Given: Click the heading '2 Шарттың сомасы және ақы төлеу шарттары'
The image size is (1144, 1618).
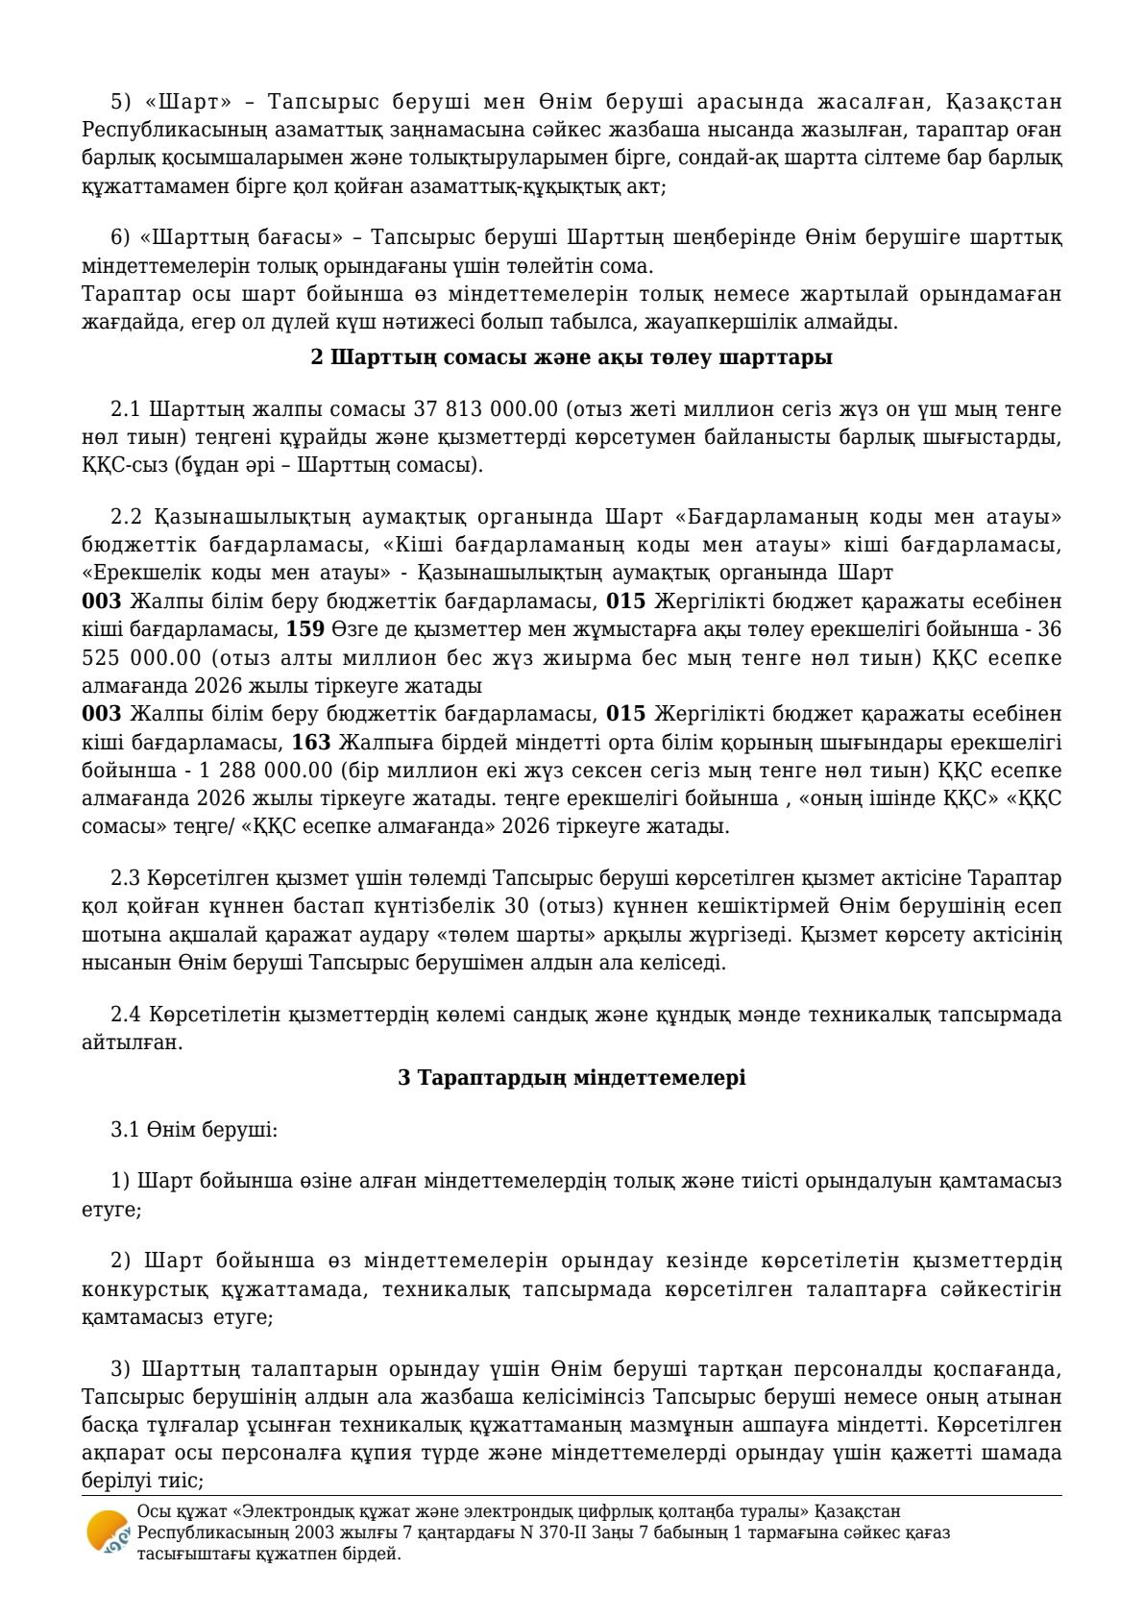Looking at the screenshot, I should [572, 357].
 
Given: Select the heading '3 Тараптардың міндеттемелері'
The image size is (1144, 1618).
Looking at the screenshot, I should [572, 1077].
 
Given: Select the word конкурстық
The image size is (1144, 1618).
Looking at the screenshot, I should [134, 1288].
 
